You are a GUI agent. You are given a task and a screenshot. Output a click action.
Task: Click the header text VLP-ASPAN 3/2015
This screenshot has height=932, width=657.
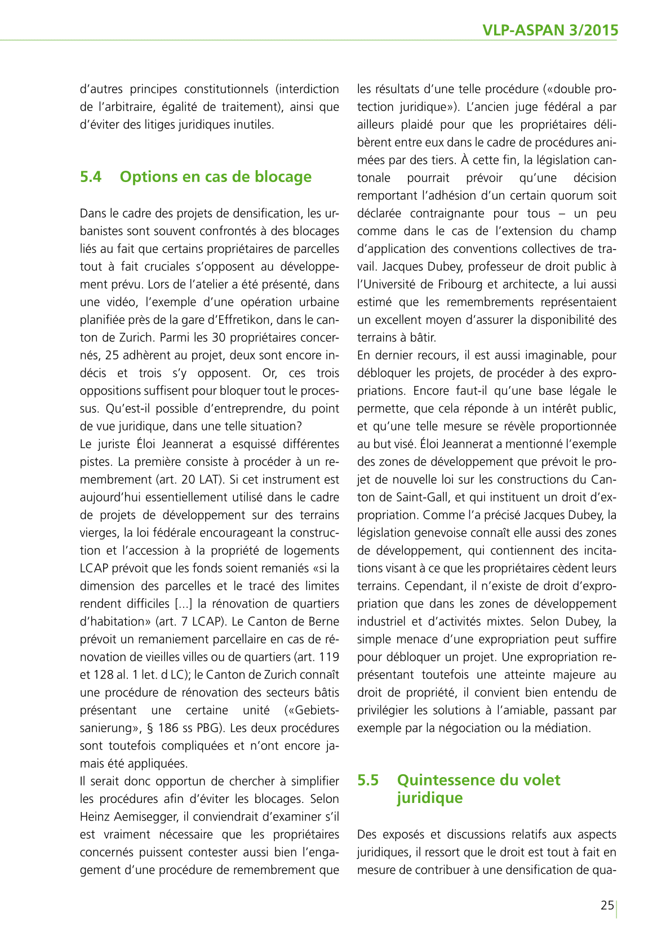point(550,30)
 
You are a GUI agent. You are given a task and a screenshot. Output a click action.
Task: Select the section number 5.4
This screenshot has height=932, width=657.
point(91,177)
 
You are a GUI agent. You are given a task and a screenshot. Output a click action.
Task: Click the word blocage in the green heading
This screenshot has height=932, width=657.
point(283,177)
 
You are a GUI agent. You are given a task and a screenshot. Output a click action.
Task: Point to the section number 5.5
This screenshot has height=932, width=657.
point(368,780)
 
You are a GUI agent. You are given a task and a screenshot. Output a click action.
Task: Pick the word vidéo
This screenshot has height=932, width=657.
point(117,302)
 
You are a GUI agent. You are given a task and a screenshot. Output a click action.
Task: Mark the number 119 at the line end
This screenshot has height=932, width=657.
point(328,657)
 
